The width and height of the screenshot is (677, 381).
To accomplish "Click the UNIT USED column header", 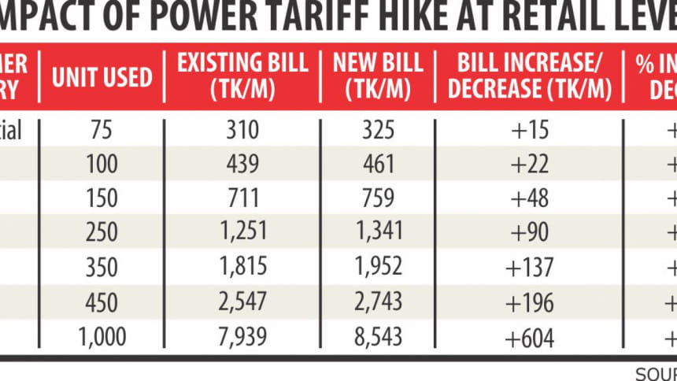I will pos(102,76).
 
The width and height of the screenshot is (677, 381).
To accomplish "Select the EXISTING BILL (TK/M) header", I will pos(242,76).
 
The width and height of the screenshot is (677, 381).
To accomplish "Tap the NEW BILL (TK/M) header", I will pos(378,76).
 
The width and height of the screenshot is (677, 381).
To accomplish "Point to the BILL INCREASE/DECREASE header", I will pos(529,76).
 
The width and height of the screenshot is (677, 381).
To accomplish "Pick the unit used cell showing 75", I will pos(102,131).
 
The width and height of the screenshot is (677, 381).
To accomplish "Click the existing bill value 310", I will pos(242,131).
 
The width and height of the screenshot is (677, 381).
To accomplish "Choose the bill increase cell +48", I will pos(529,199).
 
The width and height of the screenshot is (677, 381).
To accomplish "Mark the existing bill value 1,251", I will pos(242,232).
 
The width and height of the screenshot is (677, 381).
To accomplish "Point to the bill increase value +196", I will pos(529,301).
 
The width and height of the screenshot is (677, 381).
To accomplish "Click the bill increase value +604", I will pos(529,337).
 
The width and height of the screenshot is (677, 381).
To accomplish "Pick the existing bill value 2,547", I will pos(242,301).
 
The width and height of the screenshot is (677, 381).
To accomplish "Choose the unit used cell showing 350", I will pos(102,267).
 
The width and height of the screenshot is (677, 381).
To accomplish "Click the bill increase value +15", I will pos(529,131).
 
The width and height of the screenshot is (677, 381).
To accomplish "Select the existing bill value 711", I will pos(242,199).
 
